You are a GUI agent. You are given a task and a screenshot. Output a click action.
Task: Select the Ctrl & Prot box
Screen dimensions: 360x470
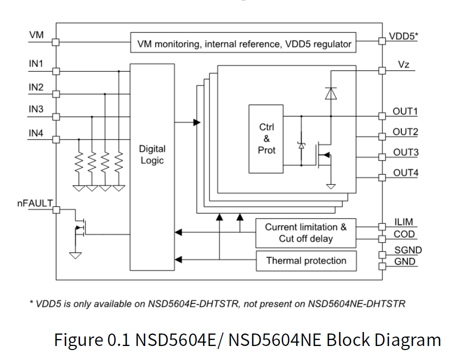266,138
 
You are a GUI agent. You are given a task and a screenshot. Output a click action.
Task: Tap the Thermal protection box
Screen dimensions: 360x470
306,260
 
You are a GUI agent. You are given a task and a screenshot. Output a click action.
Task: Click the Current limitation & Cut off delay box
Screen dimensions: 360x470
305,233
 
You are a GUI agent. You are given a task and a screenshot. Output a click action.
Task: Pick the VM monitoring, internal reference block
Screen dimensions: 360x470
244,44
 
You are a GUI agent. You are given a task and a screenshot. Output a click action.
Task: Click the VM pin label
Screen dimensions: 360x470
36,35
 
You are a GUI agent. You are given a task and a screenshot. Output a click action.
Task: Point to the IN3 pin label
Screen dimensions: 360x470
36,109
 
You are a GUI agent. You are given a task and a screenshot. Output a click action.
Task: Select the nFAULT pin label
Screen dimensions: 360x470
35,203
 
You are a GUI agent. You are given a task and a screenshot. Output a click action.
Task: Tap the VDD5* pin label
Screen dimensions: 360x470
403,36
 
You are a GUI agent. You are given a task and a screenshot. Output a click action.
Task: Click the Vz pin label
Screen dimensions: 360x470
404,64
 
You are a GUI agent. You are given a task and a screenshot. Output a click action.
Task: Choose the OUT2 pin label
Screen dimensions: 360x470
405,132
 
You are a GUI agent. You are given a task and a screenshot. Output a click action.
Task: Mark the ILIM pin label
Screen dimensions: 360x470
403,222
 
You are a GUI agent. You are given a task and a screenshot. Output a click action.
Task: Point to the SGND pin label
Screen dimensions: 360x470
407,250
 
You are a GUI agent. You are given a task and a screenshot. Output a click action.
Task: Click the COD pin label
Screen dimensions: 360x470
404,234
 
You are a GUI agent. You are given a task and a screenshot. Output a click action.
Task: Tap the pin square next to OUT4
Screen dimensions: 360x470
382,177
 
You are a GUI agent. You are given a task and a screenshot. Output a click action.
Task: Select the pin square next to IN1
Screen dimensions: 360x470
56,71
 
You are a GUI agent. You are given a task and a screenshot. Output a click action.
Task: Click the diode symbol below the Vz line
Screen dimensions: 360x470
330,93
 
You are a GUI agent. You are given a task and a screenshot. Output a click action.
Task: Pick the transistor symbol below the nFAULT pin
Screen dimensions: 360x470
80,227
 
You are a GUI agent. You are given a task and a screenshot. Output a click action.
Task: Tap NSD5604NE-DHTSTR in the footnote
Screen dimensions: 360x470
356,304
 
